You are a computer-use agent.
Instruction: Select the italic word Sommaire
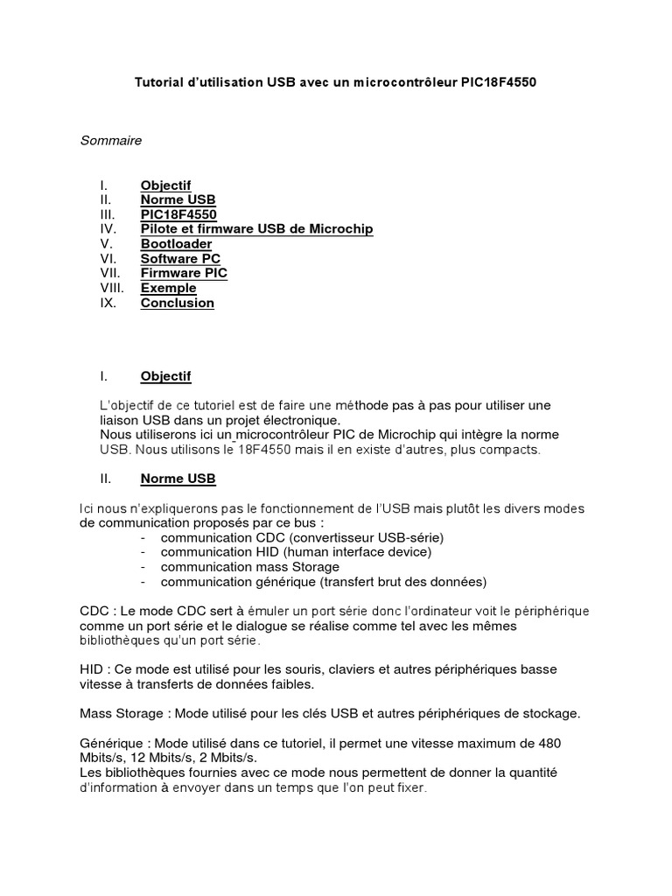point(111,140)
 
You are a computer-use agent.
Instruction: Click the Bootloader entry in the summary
point(176,243)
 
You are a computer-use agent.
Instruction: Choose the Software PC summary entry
point(180,258)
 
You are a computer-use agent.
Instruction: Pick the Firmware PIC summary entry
point(184,273)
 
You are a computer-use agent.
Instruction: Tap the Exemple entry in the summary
point(168,288)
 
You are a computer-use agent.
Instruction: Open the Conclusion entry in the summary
point(177,303)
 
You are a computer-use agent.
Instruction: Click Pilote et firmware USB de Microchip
point(256,228)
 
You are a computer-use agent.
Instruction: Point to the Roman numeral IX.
point(108,303)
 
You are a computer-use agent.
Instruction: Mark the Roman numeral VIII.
point(112,288)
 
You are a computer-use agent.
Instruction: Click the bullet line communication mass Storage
point(249,567)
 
